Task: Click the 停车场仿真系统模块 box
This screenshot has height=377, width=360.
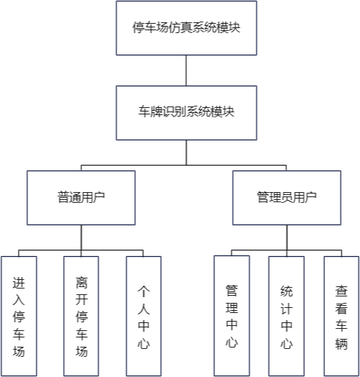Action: pyautogui.click(x=186, y=28)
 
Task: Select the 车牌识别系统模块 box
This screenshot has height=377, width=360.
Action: pyautogui.click(x=186, y=113)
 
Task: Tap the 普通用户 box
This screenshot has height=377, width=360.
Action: pyautogui.click(x=81, y=198)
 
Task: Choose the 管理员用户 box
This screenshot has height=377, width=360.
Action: pyautogui.click(x=287, y=198)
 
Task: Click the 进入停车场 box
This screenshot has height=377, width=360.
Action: pyautogui.click(x=19, y=316)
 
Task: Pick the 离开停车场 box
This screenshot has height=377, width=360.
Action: pyautogui.click(x=81, y=316)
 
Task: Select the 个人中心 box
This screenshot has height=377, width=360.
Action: pyautogui.click(x=144, y=316)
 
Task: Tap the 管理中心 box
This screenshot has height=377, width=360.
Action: pyautogui.click(x=232, y=316)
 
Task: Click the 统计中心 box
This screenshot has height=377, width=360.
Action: pyautogui.click(x=287, y=316)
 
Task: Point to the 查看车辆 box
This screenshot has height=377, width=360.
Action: pyautogui.click(x=341, y=316)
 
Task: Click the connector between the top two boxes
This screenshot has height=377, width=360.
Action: pyautogui.click(x=186, y=71)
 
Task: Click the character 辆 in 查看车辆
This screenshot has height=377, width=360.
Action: pyautogui.click(x=341, y=343)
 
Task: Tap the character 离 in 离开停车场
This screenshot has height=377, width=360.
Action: pyautogui.click(x=81, y=283)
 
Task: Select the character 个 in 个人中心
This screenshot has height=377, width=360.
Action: pyautogui.click(x=144, y=291)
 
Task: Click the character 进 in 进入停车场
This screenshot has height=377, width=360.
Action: pyautogui.click(x=19, y=283)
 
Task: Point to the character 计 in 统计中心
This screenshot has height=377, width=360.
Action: pyautogui.click(x=287, y=309)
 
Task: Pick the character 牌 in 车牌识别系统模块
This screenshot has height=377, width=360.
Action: pyautogui.click(x=156, y=112)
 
